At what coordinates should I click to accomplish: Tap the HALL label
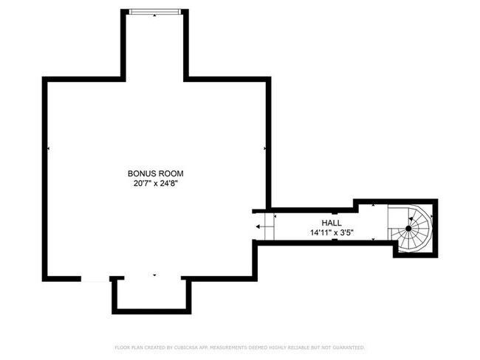tap(331, 222)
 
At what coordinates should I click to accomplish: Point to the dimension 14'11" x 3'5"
tap(332, 232)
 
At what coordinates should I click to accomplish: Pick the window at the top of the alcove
tap(154, 11)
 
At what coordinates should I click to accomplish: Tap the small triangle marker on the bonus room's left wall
tap(49, 149)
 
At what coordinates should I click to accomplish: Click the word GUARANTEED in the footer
tap(348, 347)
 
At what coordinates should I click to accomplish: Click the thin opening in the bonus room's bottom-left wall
tap(95, 278)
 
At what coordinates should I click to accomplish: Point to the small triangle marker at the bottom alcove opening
tap(154, 275)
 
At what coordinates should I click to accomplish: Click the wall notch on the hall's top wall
tap(334, 211)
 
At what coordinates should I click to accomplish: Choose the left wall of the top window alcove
tap(123, 44)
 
